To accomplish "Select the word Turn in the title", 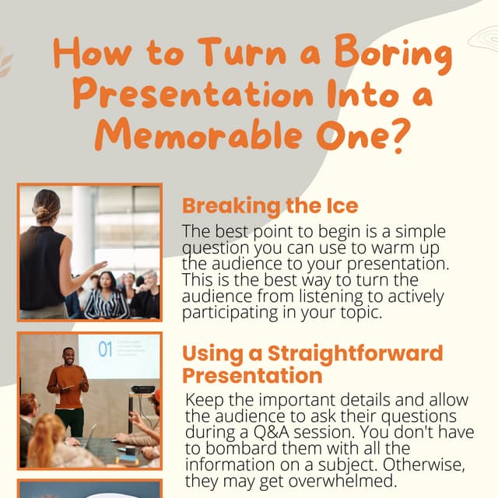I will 240,54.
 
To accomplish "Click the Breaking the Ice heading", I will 270,206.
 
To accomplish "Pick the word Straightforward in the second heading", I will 355,352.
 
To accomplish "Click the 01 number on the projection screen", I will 107,348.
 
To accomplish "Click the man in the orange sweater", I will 68,385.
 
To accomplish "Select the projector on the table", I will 142,390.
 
